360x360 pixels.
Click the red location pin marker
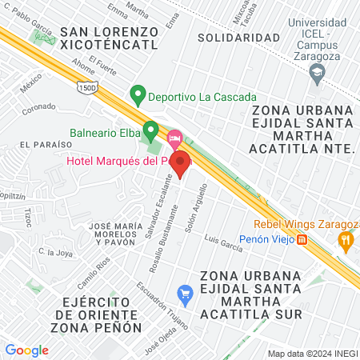click(x=181, y=162)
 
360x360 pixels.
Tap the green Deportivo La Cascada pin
click(x=138, y=95)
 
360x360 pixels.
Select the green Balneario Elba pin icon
click(x=150, y=130)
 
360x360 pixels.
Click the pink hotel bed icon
click(x=174, y=138)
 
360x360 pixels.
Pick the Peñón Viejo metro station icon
click(x=302, y=239)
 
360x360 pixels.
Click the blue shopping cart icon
click(x=186, y=294)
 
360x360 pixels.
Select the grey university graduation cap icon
click(x=318, y=74)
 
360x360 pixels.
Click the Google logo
click(x=26, y=350)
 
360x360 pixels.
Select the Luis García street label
click(x=223, y=242)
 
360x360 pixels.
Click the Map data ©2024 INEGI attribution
click(x=312, y=354)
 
